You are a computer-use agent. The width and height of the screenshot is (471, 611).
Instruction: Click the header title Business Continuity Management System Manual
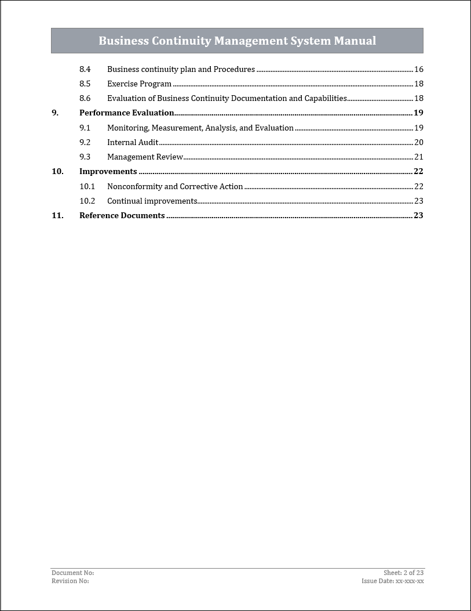[x=237, y=41]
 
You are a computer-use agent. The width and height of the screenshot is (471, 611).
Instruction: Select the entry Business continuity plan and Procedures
[x=181, y=70]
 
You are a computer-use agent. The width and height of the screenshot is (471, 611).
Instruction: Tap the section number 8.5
[x=85, y=84]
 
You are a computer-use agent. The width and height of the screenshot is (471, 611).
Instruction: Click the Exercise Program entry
[x=139, y=84]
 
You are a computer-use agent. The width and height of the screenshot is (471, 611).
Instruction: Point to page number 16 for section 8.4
[x=418, y=70]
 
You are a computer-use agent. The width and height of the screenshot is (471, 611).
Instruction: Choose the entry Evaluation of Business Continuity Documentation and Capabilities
[x=227, y=99]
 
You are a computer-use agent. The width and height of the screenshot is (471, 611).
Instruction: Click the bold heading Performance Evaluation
[x=126, y=113]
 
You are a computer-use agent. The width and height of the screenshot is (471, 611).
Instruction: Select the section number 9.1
[x=85, y=128]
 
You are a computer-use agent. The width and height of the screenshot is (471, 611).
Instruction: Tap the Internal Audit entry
[x=133, y=143]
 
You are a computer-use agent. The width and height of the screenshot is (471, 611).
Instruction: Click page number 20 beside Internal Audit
[x=418, y=143]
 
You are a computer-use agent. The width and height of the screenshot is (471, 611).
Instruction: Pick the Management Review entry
[x=145, y=157]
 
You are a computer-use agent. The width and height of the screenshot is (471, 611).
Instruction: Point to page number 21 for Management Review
[x=418, y=157]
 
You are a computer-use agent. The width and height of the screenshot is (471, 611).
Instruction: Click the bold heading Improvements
[x=108, y=172]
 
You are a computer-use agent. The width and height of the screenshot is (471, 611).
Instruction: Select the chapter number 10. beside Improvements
[x=57, y=172]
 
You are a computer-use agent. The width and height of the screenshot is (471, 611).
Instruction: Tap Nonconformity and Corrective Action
[x=175, y=187]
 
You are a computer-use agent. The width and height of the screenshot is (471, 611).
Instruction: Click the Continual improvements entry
[x=152, y=201]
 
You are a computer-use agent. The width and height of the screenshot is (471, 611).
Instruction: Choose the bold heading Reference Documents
[x=122, y=216]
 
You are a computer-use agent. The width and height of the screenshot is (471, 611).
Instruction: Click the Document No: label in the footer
[x=72, y=573]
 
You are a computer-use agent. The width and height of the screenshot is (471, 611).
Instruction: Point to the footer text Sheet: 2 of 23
[x=403, y=573]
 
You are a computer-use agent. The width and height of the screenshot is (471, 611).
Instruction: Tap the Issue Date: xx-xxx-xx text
[x=392, y=581]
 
